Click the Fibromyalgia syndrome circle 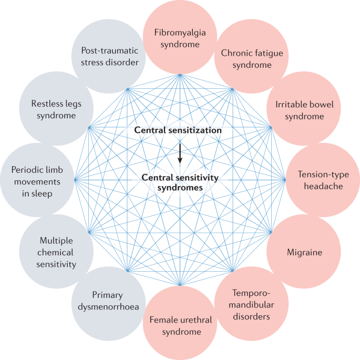click(x=180, y=37)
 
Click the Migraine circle click(x=304, y=252)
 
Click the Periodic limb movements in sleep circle click(x=38, y=180)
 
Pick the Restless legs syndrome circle click(x=56, y=108)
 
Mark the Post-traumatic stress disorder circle click(x=109, y=57)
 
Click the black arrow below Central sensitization click(x=180, y=152)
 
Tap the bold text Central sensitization click(x=178, y=130)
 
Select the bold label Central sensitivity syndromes click(x=180, y=182)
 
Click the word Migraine click(x=304, y=253)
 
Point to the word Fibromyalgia click(x=180, y=32)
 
